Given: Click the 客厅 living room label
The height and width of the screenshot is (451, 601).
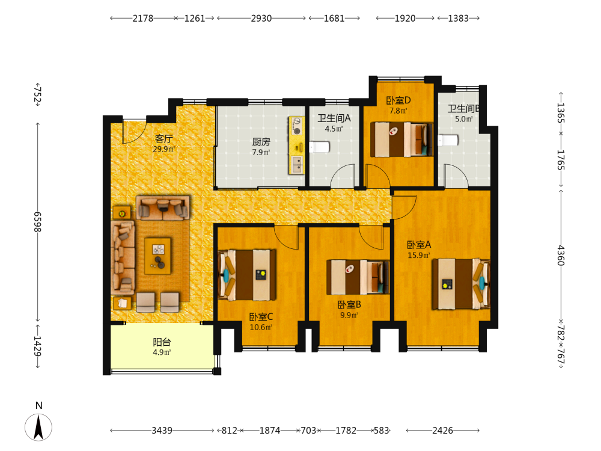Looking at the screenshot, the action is click(x=163, y=138).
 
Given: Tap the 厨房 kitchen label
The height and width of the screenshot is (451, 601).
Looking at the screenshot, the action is click(x=261, y=142).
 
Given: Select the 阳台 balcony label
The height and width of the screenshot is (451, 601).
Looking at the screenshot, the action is click(x=162, y=342).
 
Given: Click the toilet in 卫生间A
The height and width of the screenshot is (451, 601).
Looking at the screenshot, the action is click(x=319, y=147).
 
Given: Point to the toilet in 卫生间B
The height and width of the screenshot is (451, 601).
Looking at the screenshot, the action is click(x=448, y=140).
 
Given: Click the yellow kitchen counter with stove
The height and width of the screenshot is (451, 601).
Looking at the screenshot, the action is click(x=297, y=146).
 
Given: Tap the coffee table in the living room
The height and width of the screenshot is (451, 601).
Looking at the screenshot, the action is click(x=158, y=256).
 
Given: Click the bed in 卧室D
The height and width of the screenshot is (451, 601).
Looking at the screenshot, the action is click(x=401, y=140).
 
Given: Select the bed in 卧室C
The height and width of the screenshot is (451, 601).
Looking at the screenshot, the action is click(x=246, y=275).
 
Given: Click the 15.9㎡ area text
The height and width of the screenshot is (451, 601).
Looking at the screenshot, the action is click(x=419, y=256).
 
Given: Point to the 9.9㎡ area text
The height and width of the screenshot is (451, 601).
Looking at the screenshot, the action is click(x=349, y=315).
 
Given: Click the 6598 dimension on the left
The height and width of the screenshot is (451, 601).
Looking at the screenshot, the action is click(x=37, y=222).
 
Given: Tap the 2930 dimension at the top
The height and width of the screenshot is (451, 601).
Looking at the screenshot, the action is click(x=261, y=19).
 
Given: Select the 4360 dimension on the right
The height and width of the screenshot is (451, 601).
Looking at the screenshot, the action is click(x=560, y=256).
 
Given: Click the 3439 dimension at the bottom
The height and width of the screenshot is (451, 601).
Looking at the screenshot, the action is click(x=162, y=431).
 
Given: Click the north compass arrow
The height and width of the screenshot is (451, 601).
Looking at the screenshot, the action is click(x=38, y=427).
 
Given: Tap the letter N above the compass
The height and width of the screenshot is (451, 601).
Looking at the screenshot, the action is click(x=38, y=406).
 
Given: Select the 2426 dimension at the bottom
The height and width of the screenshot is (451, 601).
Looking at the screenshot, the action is click(x=443, y=431).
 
